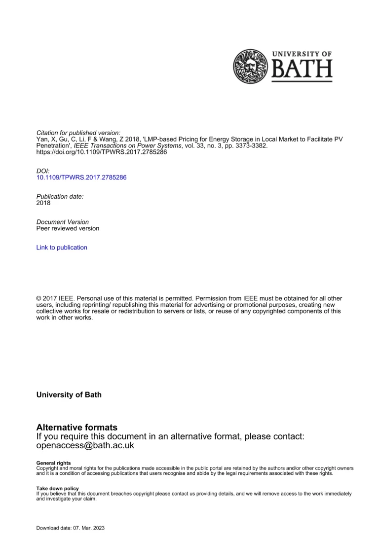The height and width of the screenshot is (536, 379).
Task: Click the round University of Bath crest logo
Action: (x=251, y=67)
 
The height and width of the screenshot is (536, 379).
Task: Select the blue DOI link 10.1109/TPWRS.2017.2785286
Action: (x=81, y=177)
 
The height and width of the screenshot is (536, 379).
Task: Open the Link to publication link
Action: (x=62, y=248)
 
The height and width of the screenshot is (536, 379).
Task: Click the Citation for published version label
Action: (x=78, y=133)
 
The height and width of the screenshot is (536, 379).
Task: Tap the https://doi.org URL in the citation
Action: (x=102, y=152)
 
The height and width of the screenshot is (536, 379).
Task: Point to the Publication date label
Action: (x=60, y=196)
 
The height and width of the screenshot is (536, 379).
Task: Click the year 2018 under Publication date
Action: (x=43, y=203)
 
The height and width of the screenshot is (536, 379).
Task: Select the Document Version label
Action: (x=63, y=222)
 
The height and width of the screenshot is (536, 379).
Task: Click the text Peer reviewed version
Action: (x=68, y=228)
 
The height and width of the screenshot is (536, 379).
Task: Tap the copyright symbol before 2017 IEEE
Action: (x=39, y=299)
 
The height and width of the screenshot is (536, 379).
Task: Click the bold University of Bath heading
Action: (x=69, y=395)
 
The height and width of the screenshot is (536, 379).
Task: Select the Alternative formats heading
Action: (x=77, y=427)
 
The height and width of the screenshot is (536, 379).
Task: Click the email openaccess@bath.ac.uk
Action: (x=85, y=445)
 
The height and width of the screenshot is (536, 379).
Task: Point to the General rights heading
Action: (x=53, y=463)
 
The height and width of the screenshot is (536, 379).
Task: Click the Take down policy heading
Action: (x=57, y=488)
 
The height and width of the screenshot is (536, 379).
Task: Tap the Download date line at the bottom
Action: (x=71, y=528)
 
